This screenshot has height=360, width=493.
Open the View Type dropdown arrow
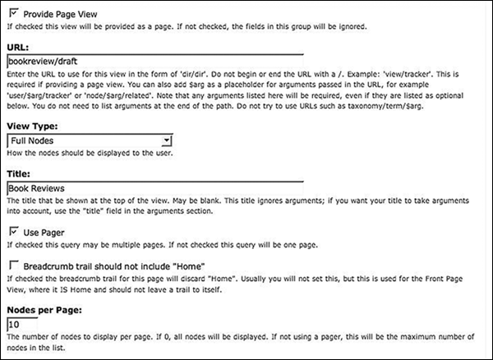(x=166, y=141)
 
